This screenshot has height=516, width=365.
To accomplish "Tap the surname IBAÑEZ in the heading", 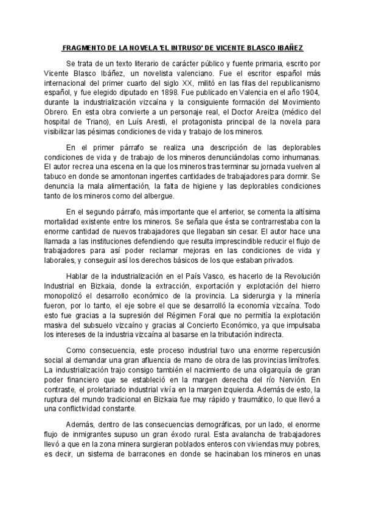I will (x=288, y=47).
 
